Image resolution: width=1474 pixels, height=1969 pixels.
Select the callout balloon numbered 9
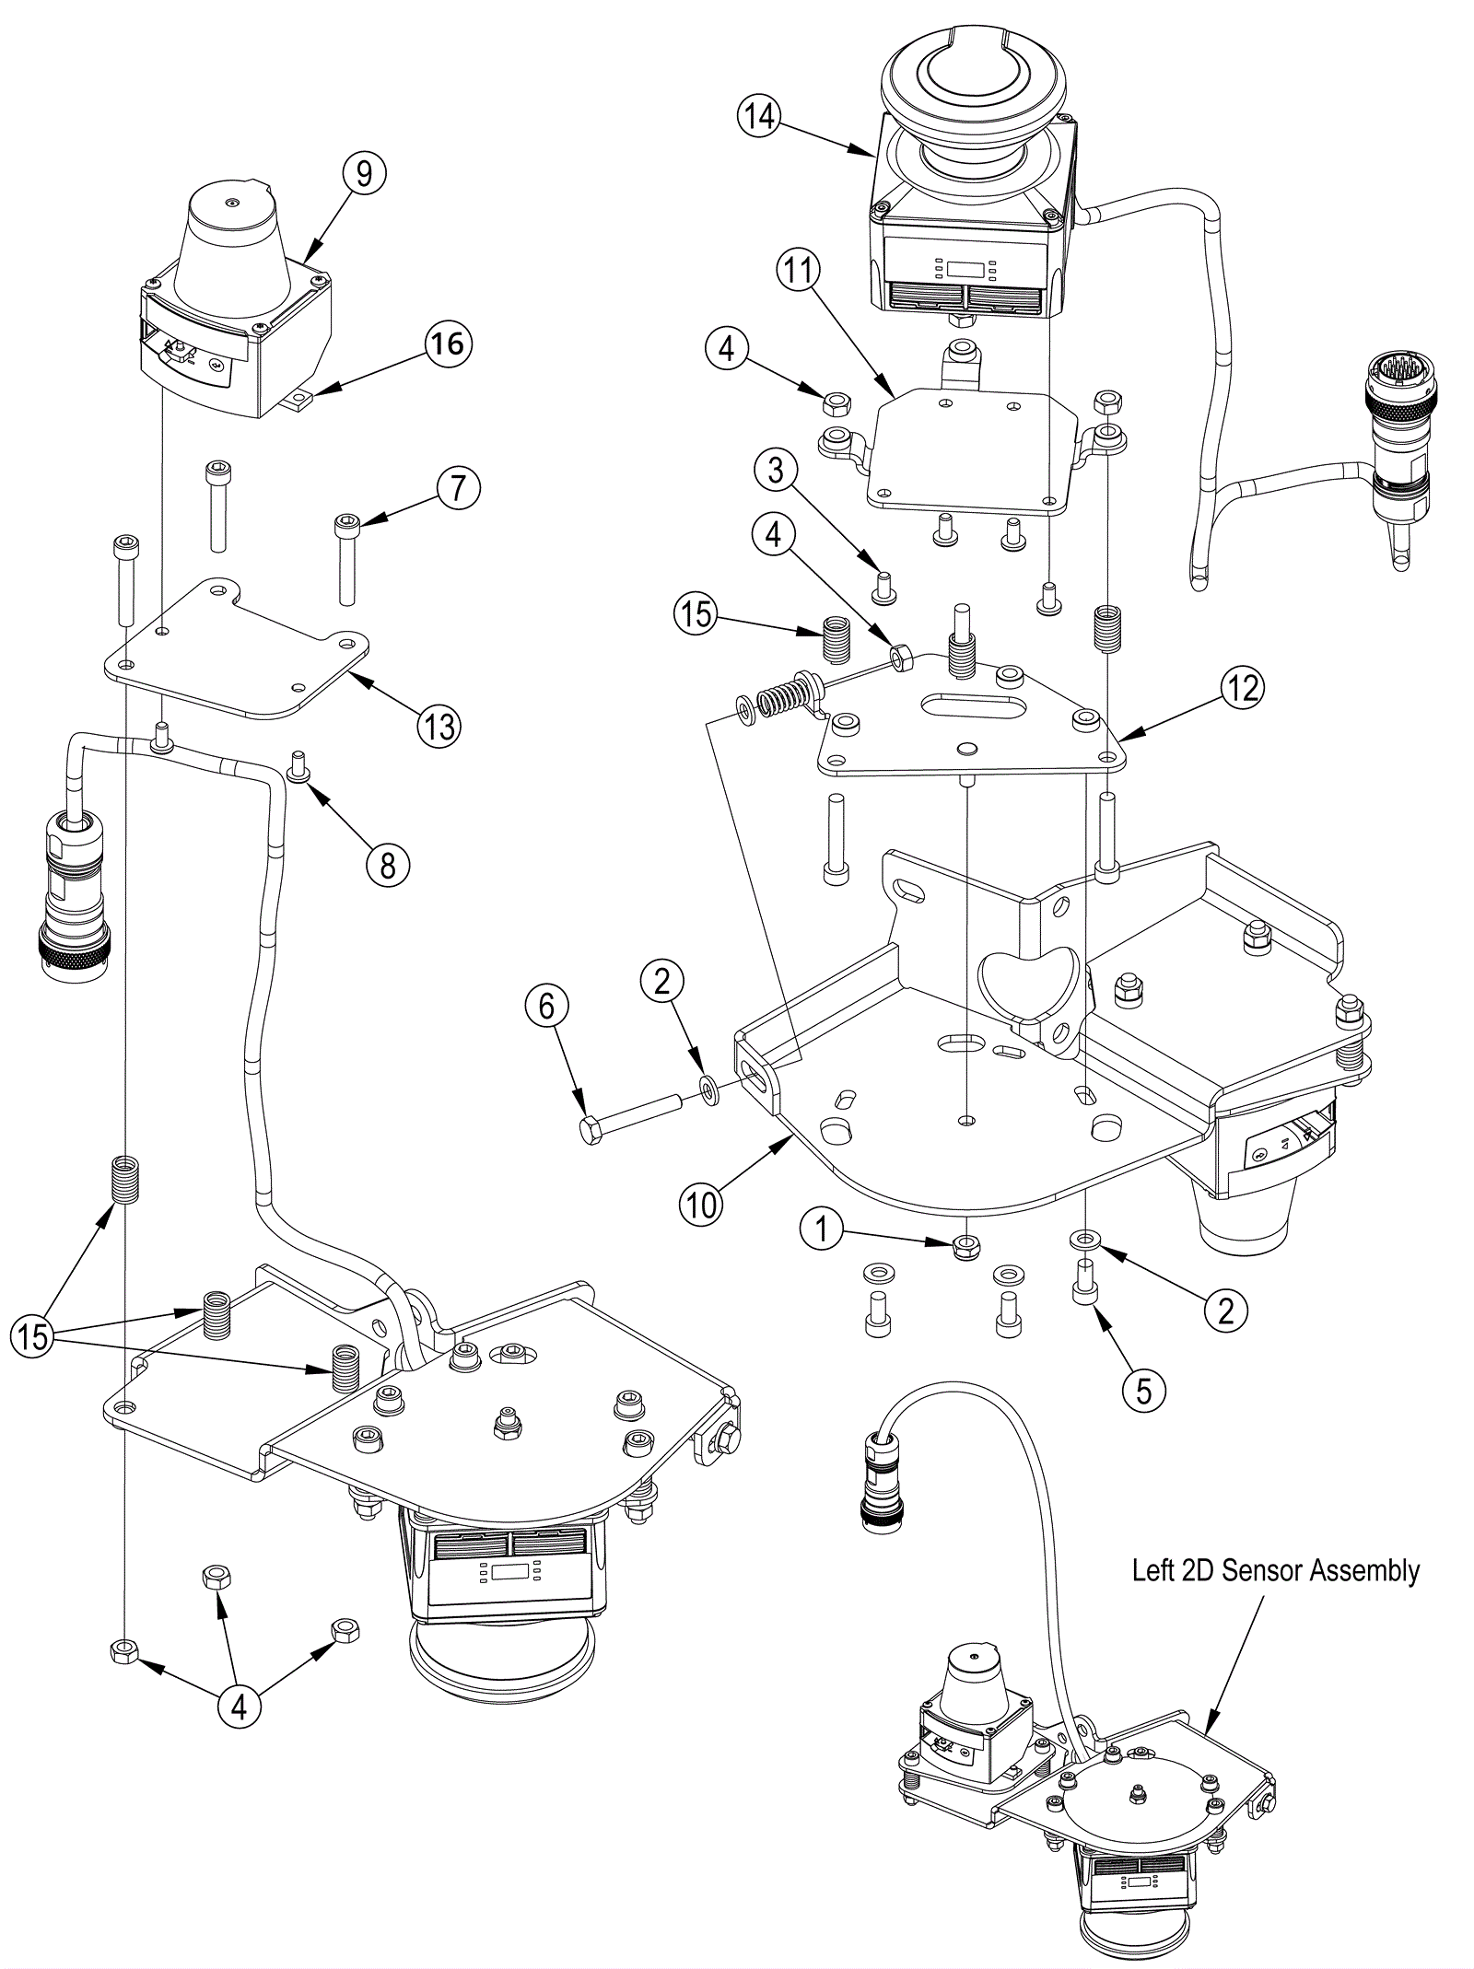(x=364, y=172)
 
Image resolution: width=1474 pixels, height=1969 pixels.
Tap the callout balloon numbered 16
(x=448, y=344)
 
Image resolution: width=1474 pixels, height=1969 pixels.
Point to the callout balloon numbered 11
(x=798, y=271)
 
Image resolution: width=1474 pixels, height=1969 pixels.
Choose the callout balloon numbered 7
(x=458, y=487)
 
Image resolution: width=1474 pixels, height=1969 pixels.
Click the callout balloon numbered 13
(x=440, y=727)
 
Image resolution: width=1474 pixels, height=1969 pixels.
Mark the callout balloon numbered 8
(x=388, y=865)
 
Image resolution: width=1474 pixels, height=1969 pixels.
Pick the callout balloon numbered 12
(x=1243, y=688)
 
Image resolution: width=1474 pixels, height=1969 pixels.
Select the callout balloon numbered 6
(x=546, y=1007)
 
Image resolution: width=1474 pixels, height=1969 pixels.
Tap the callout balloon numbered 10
(x=701, y=1204)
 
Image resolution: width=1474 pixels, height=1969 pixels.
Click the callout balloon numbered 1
(x=823, y=1229)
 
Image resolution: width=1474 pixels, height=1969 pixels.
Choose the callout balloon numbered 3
(x=776, y=470)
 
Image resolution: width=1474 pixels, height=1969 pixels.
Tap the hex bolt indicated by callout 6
(x=630, y=1114)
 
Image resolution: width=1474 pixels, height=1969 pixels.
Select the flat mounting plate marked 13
(x=238, y=651)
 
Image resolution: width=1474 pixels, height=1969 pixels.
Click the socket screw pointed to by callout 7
(x=345, y=559)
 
